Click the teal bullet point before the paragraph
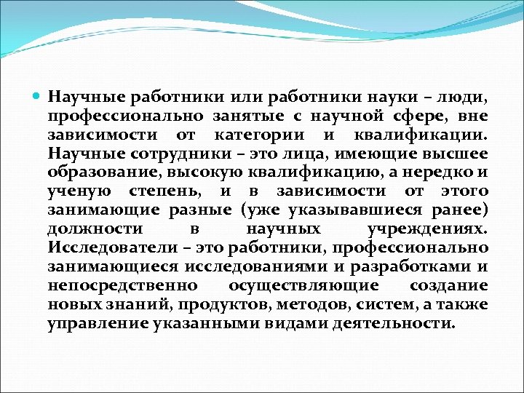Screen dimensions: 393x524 tap(39, 97)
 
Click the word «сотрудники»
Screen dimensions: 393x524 tap(155, 154)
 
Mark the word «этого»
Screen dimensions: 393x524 tap(463, 191)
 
